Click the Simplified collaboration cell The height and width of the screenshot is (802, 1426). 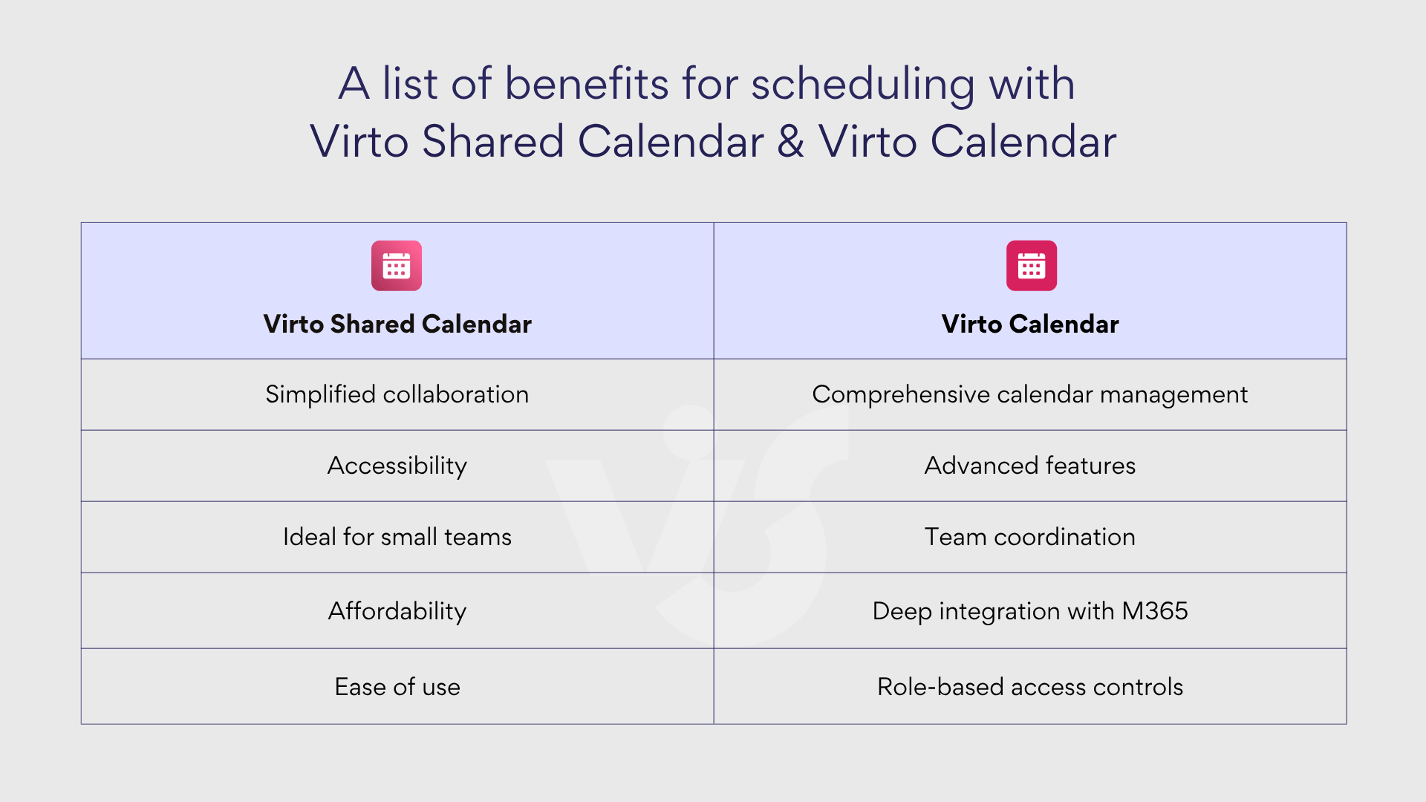397,394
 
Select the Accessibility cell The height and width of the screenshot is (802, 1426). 397,466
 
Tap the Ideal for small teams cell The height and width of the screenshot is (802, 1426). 397,537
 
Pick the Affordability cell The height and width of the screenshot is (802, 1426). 397,611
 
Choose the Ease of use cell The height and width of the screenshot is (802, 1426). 397,687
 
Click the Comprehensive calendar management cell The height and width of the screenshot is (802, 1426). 1029,394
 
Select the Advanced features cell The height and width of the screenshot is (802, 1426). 1029,466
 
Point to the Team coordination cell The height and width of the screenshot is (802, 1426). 1029,537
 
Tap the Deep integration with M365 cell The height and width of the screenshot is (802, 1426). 1029,611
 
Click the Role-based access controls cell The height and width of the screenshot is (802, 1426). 1029,687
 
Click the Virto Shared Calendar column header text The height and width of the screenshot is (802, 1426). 397,324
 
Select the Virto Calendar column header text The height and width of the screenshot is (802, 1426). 1029,324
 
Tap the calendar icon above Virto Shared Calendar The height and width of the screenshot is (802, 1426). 397,266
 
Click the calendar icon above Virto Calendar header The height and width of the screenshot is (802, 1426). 1031,266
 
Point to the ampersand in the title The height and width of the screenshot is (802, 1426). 791,141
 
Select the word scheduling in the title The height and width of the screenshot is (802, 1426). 862,85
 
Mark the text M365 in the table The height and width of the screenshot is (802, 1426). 1154,611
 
